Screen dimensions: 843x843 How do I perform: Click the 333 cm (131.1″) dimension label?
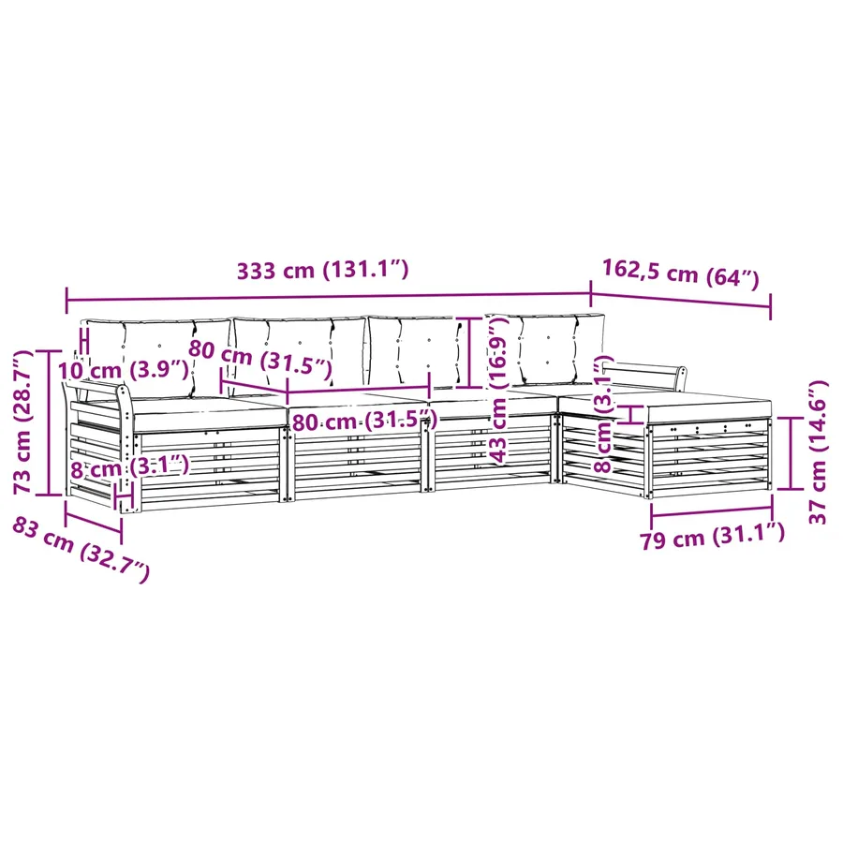coord(322,270)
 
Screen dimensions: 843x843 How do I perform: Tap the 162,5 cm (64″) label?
coord(680,274)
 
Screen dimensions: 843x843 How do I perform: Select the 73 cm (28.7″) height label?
coord(23,421)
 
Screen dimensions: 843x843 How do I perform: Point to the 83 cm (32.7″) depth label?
coord(81,549)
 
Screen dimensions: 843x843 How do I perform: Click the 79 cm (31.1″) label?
coord(712,536)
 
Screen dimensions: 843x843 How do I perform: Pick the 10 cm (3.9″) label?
coord(123,370)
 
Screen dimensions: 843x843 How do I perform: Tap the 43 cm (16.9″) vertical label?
coord(498,390)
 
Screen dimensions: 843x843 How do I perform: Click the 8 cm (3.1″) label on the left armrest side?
coord(129,466)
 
